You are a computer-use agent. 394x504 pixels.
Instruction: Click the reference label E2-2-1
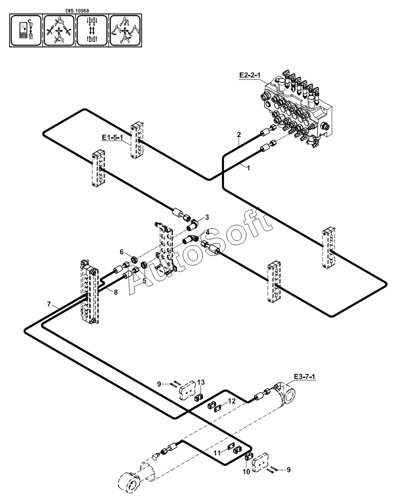[x=250, y=75]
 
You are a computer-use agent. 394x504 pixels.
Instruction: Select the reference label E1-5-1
[x=112, y=138]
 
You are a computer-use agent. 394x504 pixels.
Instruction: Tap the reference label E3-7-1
[x=304, y=376]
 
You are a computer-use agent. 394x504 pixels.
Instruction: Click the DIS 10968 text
[x=77, y=11]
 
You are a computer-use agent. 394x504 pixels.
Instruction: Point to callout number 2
[x=239, y=134]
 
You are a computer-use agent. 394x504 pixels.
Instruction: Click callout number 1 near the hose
[x=248, y=167]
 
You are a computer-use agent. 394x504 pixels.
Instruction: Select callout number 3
[x=207, y=217]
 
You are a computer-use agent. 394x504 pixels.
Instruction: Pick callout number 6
[x=122, y=252]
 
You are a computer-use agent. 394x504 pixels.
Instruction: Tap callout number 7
[x=49, y=304]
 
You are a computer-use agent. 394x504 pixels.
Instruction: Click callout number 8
[x=116, y=292]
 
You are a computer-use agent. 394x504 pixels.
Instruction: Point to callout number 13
[x=201, y=383]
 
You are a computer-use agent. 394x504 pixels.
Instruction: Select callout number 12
[x=232, y=401]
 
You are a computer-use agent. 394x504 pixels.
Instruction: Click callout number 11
[x=217, y=453]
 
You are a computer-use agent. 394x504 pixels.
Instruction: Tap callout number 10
[x=246, y=472]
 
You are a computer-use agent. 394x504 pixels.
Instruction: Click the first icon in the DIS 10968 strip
[x=26, y=31]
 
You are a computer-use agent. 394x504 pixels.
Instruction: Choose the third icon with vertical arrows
[x=92, y=31]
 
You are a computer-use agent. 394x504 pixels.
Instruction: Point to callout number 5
[x=144, y=281]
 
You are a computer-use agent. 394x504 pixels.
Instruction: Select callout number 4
[x=208, y=232]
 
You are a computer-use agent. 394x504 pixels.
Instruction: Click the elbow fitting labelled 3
[x=193, y=225]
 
